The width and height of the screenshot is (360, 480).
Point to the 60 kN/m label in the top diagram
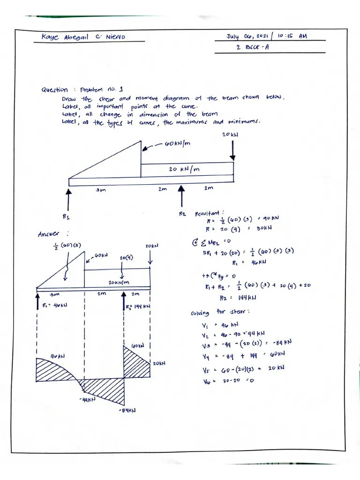point(178,143)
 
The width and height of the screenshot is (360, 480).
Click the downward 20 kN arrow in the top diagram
point(233,151)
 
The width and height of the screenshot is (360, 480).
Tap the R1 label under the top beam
point(66,217)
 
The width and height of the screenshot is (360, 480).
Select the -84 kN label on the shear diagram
point(127,410)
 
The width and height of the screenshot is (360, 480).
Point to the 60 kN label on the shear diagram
point(137,345)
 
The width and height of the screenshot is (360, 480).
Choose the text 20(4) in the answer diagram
point(125,257)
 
